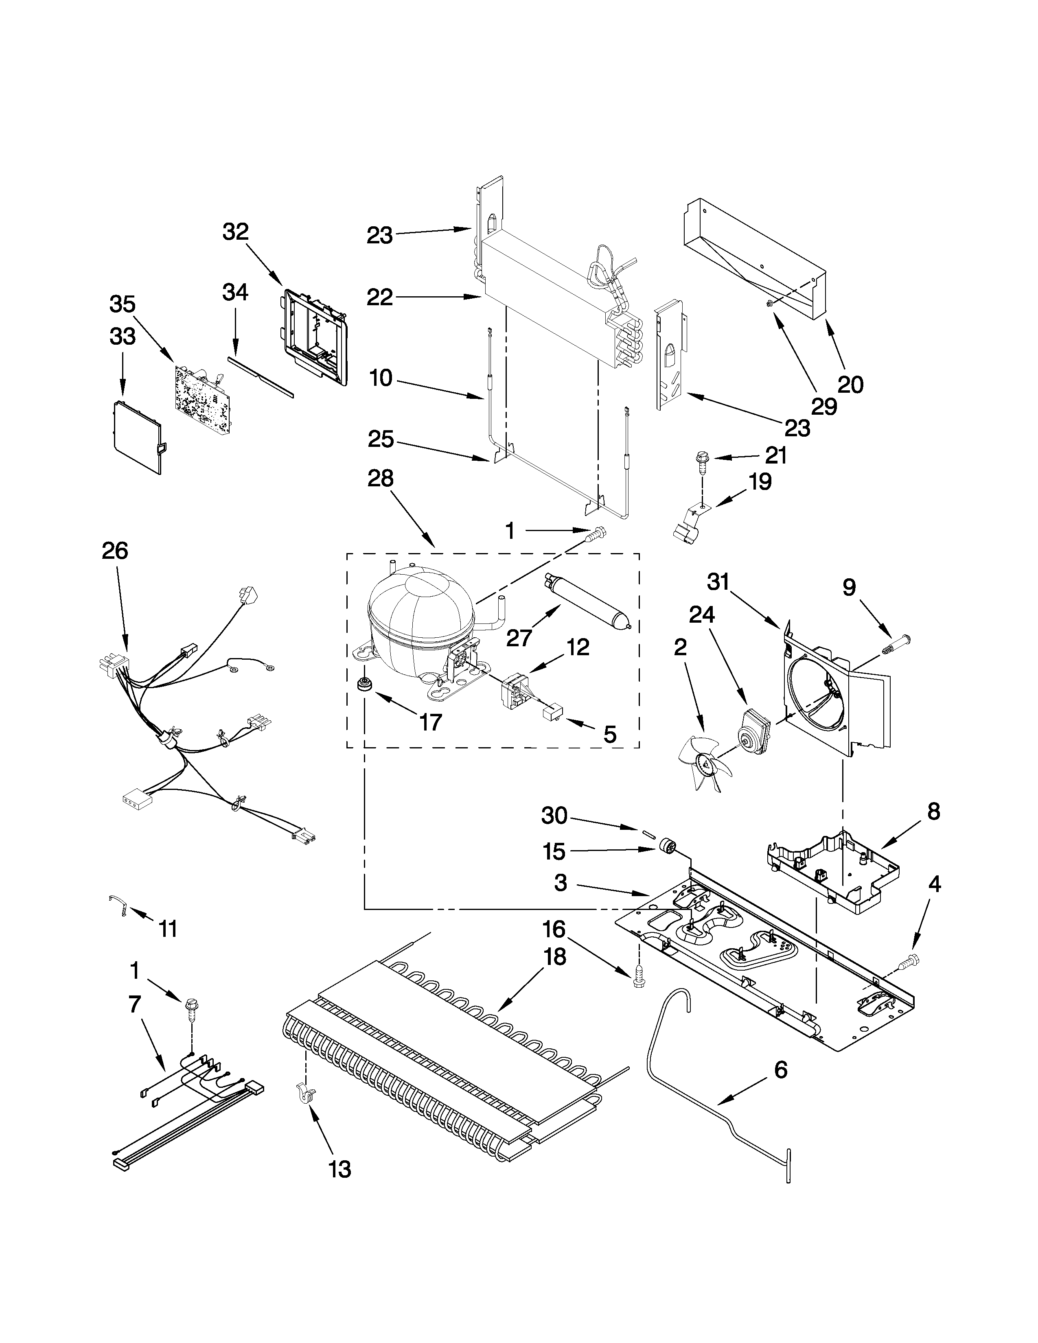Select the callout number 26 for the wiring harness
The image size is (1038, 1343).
114,550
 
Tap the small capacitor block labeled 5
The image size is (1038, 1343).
552,713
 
